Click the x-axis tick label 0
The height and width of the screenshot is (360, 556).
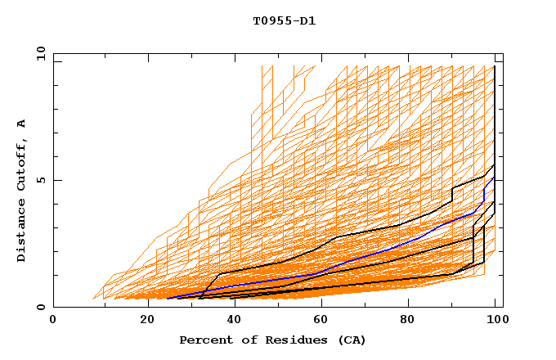pos(53,320)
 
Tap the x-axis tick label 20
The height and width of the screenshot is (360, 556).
pos(141,320)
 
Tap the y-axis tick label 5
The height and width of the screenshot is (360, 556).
pos(40,180)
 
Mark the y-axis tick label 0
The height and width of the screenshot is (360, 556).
pos(40,307)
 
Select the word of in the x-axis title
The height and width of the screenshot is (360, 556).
pos(243,340)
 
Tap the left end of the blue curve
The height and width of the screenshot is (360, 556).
pos(167,298)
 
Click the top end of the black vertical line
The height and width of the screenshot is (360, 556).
pos(495,66)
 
